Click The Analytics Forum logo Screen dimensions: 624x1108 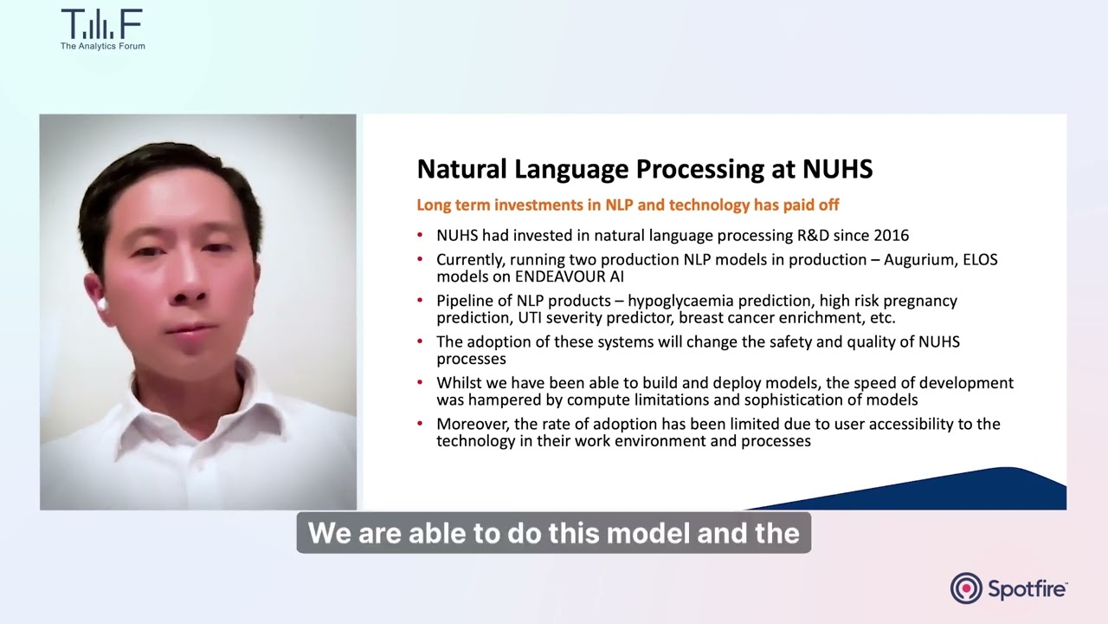(x=102, y=29)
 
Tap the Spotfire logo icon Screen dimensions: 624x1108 (x=966, y=588)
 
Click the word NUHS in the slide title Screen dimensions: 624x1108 (x=837, y=169)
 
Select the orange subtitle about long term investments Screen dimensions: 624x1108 (x=628, y=205)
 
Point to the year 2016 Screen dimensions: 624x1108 (x=891, y=235)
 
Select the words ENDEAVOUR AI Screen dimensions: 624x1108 (x=570, y=276)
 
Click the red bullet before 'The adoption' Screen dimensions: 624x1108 (x=421, y=342)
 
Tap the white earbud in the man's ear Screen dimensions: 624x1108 (x=101, y=304)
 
